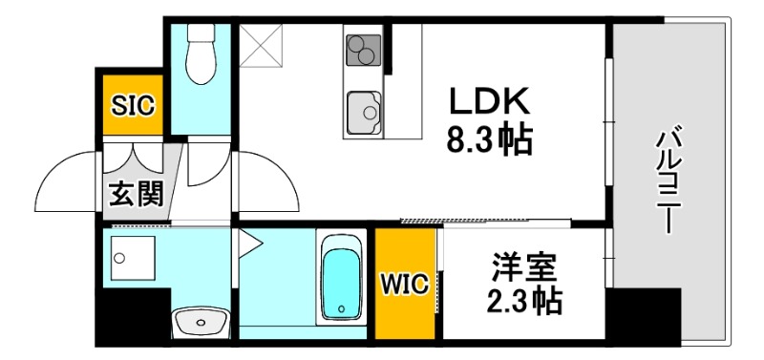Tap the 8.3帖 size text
490,141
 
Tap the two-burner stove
363,47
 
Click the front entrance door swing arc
72,181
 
